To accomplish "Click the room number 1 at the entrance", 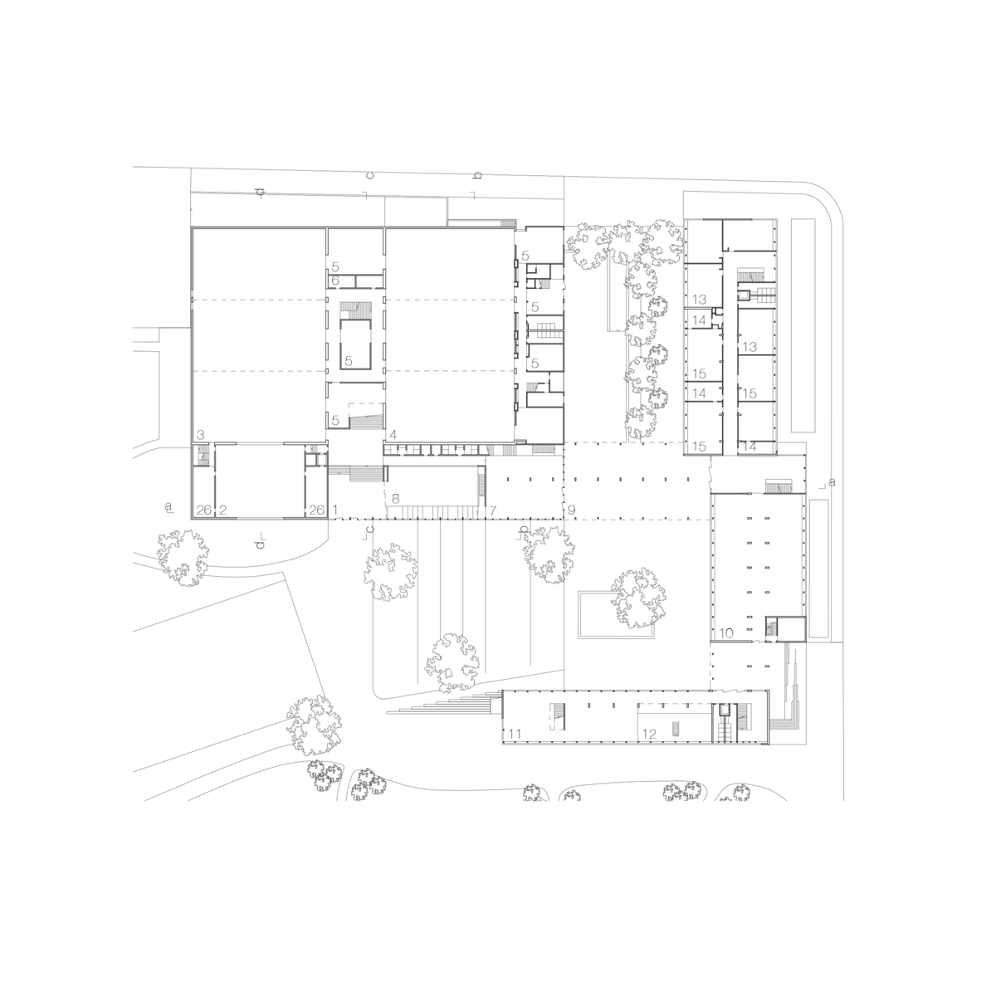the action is point(335,510).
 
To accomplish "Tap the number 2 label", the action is point(222,510).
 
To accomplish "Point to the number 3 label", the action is point(201,435).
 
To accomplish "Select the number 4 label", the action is point(393,435).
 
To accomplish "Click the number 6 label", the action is point(335,281).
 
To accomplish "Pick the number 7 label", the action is point(492,510).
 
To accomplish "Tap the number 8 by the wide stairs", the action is point(396,499).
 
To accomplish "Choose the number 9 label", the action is point(571,510).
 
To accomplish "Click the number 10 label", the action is point(726,633).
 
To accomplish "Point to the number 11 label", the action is point(515,734).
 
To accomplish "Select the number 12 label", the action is point(649,734).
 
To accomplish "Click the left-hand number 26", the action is point(204,510).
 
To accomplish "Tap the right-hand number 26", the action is point(316,510).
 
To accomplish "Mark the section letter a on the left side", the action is point(168,506).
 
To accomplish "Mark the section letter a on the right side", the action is point(832,482).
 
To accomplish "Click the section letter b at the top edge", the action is point(477,176).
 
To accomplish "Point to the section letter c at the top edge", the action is point(369,175).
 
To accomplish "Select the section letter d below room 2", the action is point(261,544).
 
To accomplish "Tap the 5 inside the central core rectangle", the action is point(349,361).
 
